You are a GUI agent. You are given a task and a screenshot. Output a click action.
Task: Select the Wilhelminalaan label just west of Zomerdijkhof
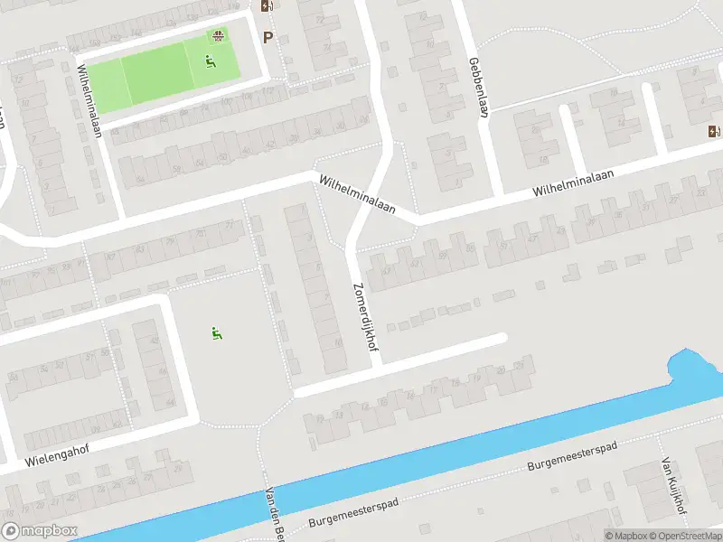click(x=357, y=193)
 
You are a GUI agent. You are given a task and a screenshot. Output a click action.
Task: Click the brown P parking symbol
click(x=267, y=37)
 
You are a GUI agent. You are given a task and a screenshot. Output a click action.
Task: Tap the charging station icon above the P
click(x=266, y=5)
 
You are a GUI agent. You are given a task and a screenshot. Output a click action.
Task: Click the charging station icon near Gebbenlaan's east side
click(x=714, y=130)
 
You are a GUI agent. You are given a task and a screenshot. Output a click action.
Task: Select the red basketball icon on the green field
click(x=217, y=36)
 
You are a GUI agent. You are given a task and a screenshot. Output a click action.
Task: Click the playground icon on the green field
click(x=210, y=61)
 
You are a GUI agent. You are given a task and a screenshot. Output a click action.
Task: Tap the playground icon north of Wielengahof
click(x=216, y=333)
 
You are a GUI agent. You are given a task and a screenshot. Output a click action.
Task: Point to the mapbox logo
click(x=40, y=531)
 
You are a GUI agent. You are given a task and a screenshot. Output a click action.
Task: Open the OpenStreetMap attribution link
click(x=684, y=535)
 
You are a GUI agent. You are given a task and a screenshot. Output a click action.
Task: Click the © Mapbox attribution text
click(x=625, y=535)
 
